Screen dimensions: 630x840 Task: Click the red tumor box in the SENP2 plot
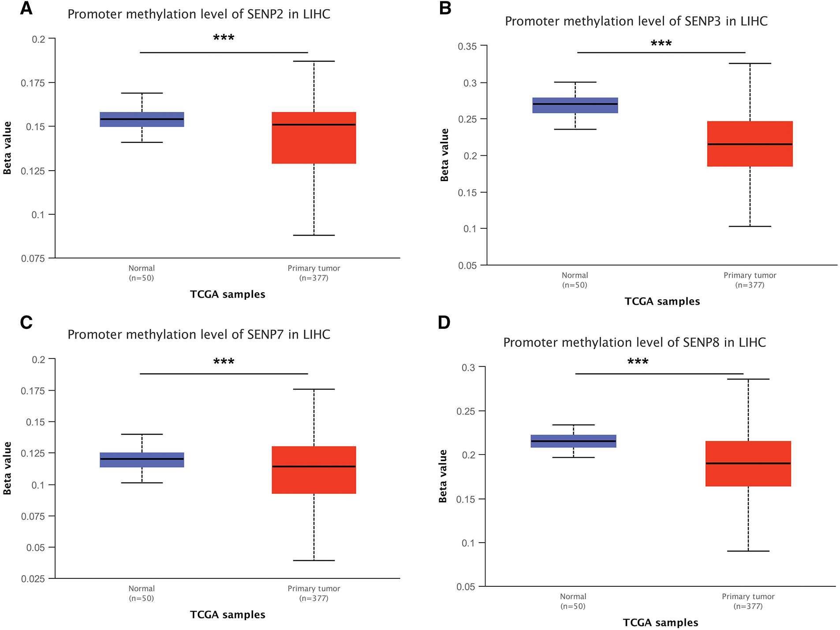coord(314,138)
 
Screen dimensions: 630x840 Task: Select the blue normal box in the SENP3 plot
coord(575,105)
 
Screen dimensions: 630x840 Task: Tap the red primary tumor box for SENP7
coord(314,470)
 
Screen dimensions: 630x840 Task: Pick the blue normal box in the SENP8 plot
coord(573,441)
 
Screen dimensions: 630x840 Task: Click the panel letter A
coord(26,9)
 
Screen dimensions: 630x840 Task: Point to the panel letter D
coord(444,323)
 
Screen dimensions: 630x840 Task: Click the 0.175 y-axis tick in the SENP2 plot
coord(33,83)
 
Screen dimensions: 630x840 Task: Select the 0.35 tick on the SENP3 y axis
coord(467,46)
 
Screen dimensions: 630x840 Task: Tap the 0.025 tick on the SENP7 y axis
coord(33,579)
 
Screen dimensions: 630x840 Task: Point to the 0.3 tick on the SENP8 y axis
coord(468,367)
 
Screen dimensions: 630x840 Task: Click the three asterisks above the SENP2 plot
coord(224,38)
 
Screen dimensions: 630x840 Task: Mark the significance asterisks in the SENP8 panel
coord(638,362)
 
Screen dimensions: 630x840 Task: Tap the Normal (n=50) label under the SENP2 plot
coord(142,273)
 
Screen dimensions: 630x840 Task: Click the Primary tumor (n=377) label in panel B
coord(750,280)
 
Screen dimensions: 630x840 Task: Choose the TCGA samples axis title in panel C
coord(228,615)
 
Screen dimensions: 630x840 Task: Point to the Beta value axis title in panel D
coord(443,476)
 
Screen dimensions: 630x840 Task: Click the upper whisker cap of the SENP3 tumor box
coord(750,63)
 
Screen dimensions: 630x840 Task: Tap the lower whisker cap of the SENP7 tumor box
coord(314,560)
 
